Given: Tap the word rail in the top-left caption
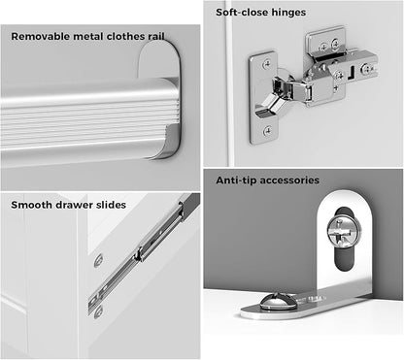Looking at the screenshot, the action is [x=156, y=36].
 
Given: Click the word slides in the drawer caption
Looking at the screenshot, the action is [x=111, y=205].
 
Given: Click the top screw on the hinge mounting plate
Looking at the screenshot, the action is [x=267, y=64].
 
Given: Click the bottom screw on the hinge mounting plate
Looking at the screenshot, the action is [x=267, y=131].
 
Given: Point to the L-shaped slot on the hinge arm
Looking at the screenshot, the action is [x=352, y=73].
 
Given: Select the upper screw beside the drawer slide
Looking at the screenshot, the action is [x=99, y=261].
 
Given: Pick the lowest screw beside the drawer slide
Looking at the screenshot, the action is [x=98, y=311].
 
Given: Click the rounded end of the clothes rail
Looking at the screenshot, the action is [x=170, y=118].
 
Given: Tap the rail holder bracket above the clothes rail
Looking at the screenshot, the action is [x=159, y=60].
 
